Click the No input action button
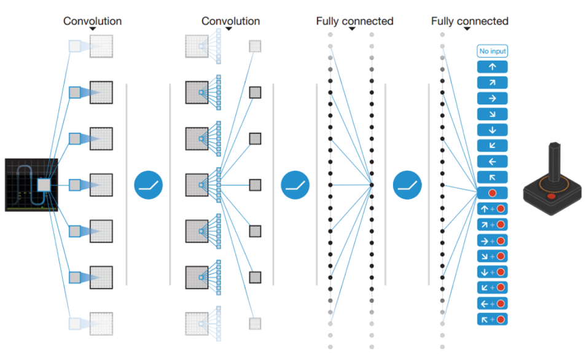tap(492, 52)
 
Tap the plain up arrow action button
tap(492, 67)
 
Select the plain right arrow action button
tap(492, 98)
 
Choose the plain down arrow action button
tap(492, 130)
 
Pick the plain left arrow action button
tap(492, 162)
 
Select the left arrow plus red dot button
tap(492, 303)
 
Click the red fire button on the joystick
tap(551, 196)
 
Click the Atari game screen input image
tap(31, 184)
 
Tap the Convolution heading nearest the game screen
tap(92, 22)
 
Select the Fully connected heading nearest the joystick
tap(469, 22)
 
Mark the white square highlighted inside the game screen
tap(44, 184)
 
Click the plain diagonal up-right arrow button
tap(492, 83)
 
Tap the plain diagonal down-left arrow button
tap(492, 146)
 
